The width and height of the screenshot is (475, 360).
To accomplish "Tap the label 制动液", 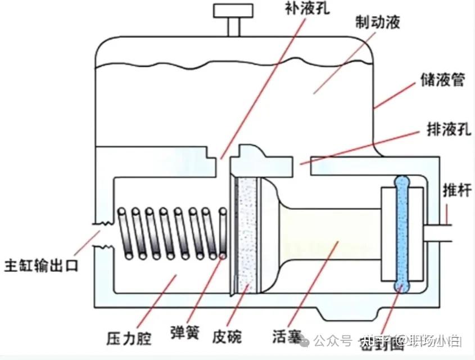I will [378, 22].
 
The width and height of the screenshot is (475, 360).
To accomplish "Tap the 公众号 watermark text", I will [332, 340].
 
